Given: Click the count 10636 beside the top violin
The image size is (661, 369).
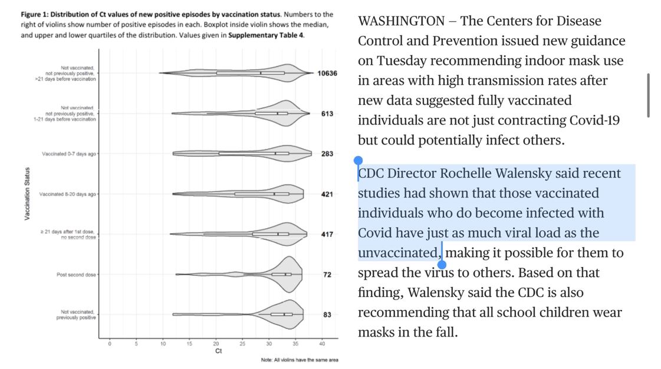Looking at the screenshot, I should click(x=327, y=74).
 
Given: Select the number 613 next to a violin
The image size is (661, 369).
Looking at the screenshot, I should click(x=327, y=114).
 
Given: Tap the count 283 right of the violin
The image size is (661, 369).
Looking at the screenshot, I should click(x=327, y=154).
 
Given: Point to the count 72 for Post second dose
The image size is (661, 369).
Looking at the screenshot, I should click(x=327, y=275).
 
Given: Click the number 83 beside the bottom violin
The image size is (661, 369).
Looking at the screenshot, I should click(x=327, y=315).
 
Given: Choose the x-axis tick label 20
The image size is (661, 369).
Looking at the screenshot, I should click(x=216, y=343).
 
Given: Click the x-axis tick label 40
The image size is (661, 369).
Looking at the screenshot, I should click(x=322, y=343).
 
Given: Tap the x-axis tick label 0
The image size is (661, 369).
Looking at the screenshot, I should click(x=110, y=343).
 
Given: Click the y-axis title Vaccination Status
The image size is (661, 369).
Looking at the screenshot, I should click(x=27, y=194).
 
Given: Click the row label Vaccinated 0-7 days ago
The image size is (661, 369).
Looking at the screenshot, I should click(x=69, y=154).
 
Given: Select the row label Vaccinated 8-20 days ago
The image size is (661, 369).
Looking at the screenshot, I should click(x=68, y=194).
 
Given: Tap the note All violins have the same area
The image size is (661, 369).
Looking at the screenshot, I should click(x=300, y=360).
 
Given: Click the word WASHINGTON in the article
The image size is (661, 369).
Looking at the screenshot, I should click(x=401, y=21).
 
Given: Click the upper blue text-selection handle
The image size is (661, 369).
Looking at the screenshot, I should click(x=358, y=160).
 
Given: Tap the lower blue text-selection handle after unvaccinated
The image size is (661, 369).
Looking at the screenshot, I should click(x=442, y=264).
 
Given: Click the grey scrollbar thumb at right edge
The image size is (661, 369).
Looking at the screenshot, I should click(x=649, y=95).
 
